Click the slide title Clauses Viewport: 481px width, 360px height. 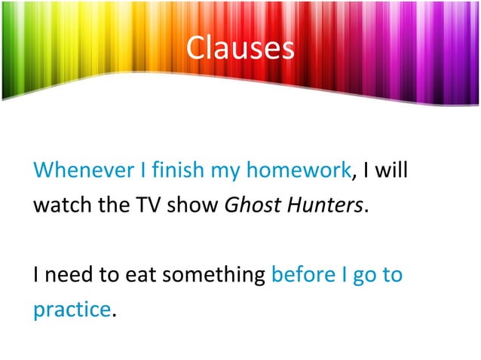(x=240, y=48)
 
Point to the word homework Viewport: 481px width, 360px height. (x=298, y=170)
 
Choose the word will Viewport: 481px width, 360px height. (x=392, y=170)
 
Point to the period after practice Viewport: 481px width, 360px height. (x=114, y=316)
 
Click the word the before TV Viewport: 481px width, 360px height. (x=109, y=205)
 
